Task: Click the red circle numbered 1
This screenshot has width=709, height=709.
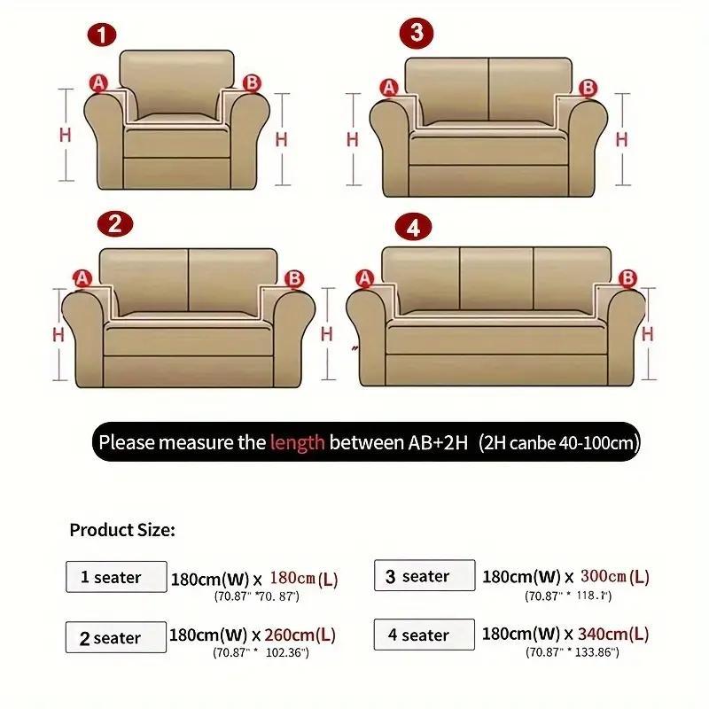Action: point(103,35)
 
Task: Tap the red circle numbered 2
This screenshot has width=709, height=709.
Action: point(113,224)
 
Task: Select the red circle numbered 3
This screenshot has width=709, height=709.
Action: point(417,34)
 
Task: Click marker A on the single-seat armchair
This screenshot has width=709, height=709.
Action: point(97,83)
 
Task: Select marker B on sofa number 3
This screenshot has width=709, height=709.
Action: point(588,88)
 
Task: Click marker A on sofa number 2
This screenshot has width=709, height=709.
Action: point(83,279)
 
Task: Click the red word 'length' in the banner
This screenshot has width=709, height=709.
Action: point(297,441)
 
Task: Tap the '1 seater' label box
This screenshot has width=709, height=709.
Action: point(116,577)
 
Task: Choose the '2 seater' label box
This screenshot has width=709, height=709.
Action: point(116,637)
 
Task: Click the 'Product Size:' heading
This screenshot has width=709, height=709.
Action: point(122,530)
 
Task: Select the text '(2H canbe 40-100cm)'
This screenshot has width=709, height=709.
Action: point(558,441)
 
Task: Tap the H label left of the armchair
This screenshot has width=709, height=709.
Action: point(65,135)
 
